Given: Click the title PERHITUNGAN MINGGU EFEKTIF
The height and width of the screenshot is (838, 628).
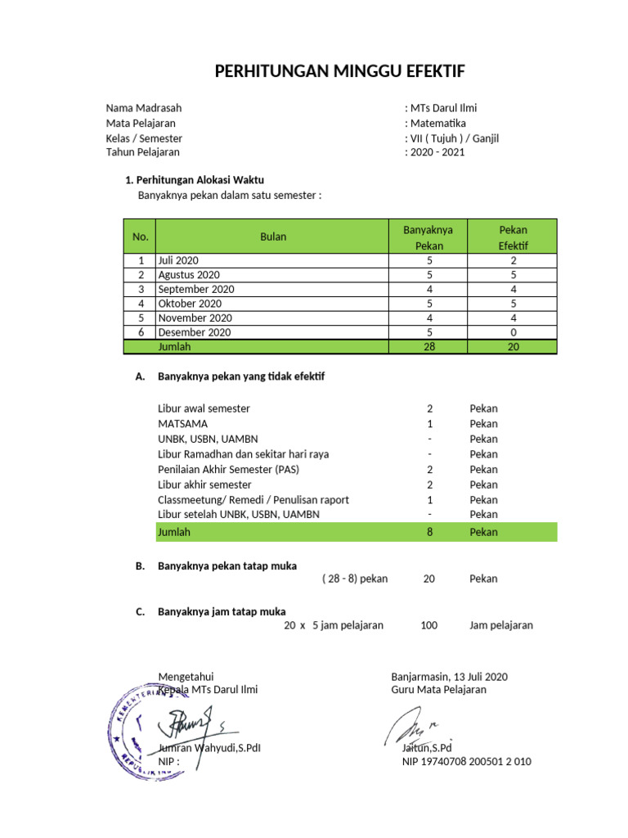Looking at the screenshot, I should click(339, 72).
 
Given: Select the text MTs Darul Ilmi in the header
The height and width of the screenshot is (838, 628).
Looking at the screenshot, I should click(444, 108).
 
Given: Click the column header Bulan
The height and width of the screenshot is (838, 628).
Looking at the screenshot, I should click(273, 237).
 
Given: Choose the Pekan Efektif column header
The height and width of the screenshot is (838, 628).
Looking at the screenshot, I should click(513, 237).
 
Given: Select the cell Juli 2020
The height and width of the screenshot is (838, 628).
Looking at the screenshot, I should click(178, 260).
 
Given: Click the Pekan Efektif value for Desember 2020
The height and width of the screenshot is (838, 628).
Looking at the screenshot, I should click(513, 332).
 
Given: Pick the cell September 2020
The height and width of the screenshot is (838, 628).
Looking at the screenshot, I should click(196, 290).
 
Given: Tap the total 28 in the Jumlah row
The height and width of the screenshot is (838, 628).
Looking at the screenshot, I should click(429, 347).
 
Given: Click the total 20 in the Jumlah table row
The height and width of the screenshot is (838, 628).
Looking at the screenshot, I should click(513, 347).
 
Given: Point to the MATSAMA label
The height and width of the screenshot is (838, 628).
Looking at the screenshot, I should click(182, 424).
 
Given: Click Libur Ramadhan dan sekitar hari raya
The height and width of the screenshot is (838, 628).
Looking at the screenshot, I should click(243, 454).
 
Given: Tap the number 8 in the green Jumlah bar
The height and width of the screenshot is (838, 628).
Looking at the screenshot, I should click(429, 532).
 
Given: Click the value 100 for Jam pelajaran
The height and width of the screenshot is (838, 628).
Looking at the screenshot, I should click(429, 625).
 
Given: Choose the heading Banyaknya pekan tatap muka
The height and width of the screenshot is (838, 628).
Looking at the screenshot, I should click(227, 566).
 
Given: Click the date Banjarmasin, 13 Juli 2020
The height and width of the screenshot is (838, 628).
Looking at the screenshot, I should click(449, 677).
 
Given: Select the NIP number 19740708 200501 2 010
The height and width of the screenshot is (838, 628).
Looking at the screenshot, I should click(466, 762).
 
